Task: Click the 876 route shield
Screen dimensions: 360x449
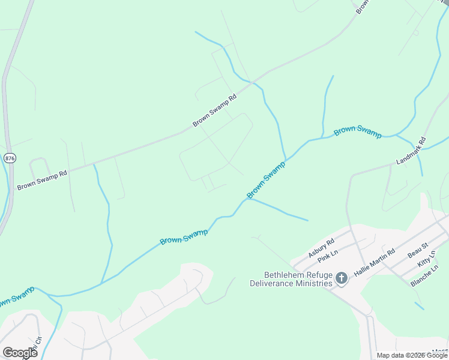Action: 9,158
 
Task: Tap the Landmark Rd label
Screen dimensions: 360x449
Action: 411,152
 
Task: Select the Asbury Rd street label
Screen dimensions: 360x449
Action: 321,248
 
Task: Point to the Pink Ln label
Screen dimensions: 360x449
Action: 328,257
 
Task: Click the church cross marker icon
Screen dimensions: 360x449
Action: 342,278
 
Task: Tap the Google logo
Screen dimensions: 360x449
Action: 20,353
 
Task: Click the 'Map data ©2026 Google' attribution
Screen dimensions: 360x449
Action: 412,356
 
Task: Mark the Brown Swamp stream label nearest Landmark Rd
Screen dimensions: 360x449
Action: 358,131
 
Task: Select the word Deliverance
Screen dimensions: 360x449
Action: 270,283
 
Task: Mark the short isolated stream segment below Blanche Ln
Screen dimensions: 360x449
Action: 419,306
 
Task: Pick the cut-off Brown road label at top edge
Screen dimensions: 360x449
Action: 361,7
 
